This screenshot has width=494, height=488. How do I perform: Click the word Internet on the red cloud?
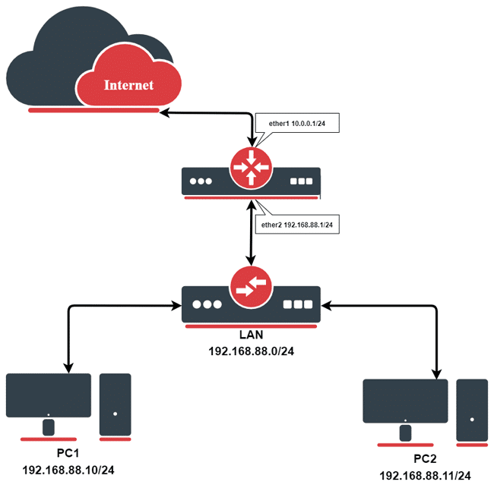click(128, 85)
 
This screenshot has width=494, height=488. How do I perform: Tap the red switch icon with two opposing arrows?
click(251, 288)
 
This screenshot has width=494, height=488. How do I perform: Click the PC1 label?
click(68, 454)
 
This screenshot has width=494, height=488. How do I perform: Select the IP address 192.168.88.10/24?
click(68, 471)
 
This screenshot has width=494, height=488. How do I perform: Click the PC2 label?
click(426, 458)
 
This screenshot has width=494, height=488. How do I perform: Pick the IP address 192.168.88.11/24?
click(426, 475)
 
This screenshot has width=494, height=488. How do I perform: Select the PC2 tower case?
click(472, 409)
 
